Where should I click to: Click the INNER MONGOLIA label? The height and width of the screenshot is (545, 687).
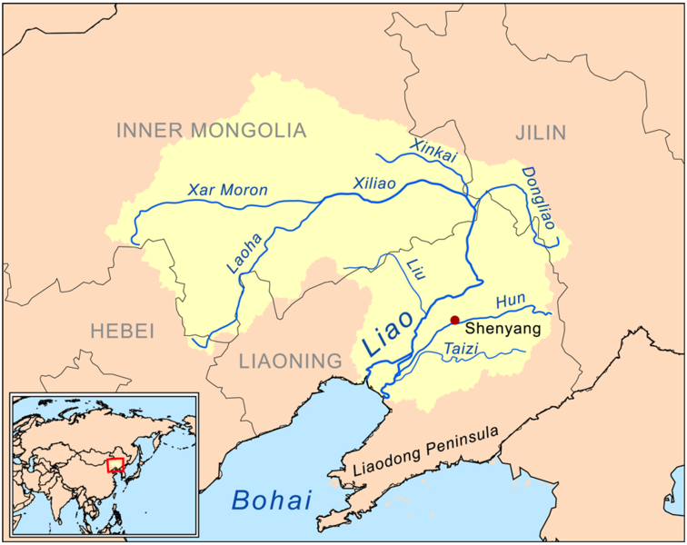click(x=211, y=131)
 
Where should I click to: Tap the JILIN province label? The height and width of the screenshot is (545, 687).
click(x=541, y=134)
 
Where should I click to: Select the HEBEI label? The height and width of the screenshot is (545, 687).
click(x=123, y=331)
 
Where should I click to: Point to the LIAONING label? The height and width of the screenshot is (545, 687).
click(x=289, y=362)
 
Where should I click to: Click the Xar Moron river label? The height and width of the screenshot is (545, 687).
click(x=227, y=191)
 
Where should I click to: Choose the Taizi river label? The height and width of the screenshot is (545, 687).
click(x=461, y=349)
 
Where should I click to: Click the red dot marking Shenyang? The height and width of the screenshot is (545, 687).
click(x=454, y=321)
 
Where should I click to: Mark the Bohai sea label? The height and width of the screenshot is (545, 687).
click(x=272, y=499)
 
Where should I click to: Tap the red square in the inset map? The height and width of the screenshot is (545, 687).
click(x=115, y=465)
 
